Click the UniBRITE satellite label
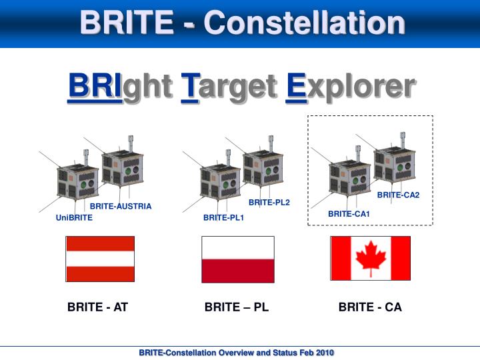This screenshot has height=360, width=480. click(74, 218)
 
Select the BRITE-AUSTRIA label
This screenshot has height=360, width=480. click(121, 207)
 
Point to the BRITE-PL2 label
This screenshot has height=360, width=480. click(269, 203)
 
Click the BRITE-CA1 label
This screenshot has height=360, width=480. click(349, 214)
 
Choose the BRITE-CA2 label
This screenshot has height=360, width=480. click(398, 195)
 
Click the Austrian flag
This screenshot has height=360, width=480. click(100, 259)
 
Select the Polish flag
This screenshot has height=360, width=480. click(238, 259)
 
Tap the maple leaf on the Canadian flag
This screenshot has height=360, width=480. click(371, 257)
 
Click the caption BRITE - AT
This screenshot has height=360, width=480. click(97, 307)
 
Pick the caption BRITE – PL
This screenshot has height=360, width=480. click(237, 307)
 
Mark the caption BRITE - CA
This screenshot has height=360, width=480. click(370, 307)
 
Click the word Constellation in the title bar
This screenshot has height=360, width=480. click(305, 23)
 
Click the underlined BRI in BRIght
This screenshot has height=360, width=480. click(94, 87)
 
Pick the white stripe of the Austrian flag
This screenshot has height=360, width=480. click(100, 259)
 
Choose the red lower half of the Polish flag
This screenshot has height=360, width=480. click(238, 271)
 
